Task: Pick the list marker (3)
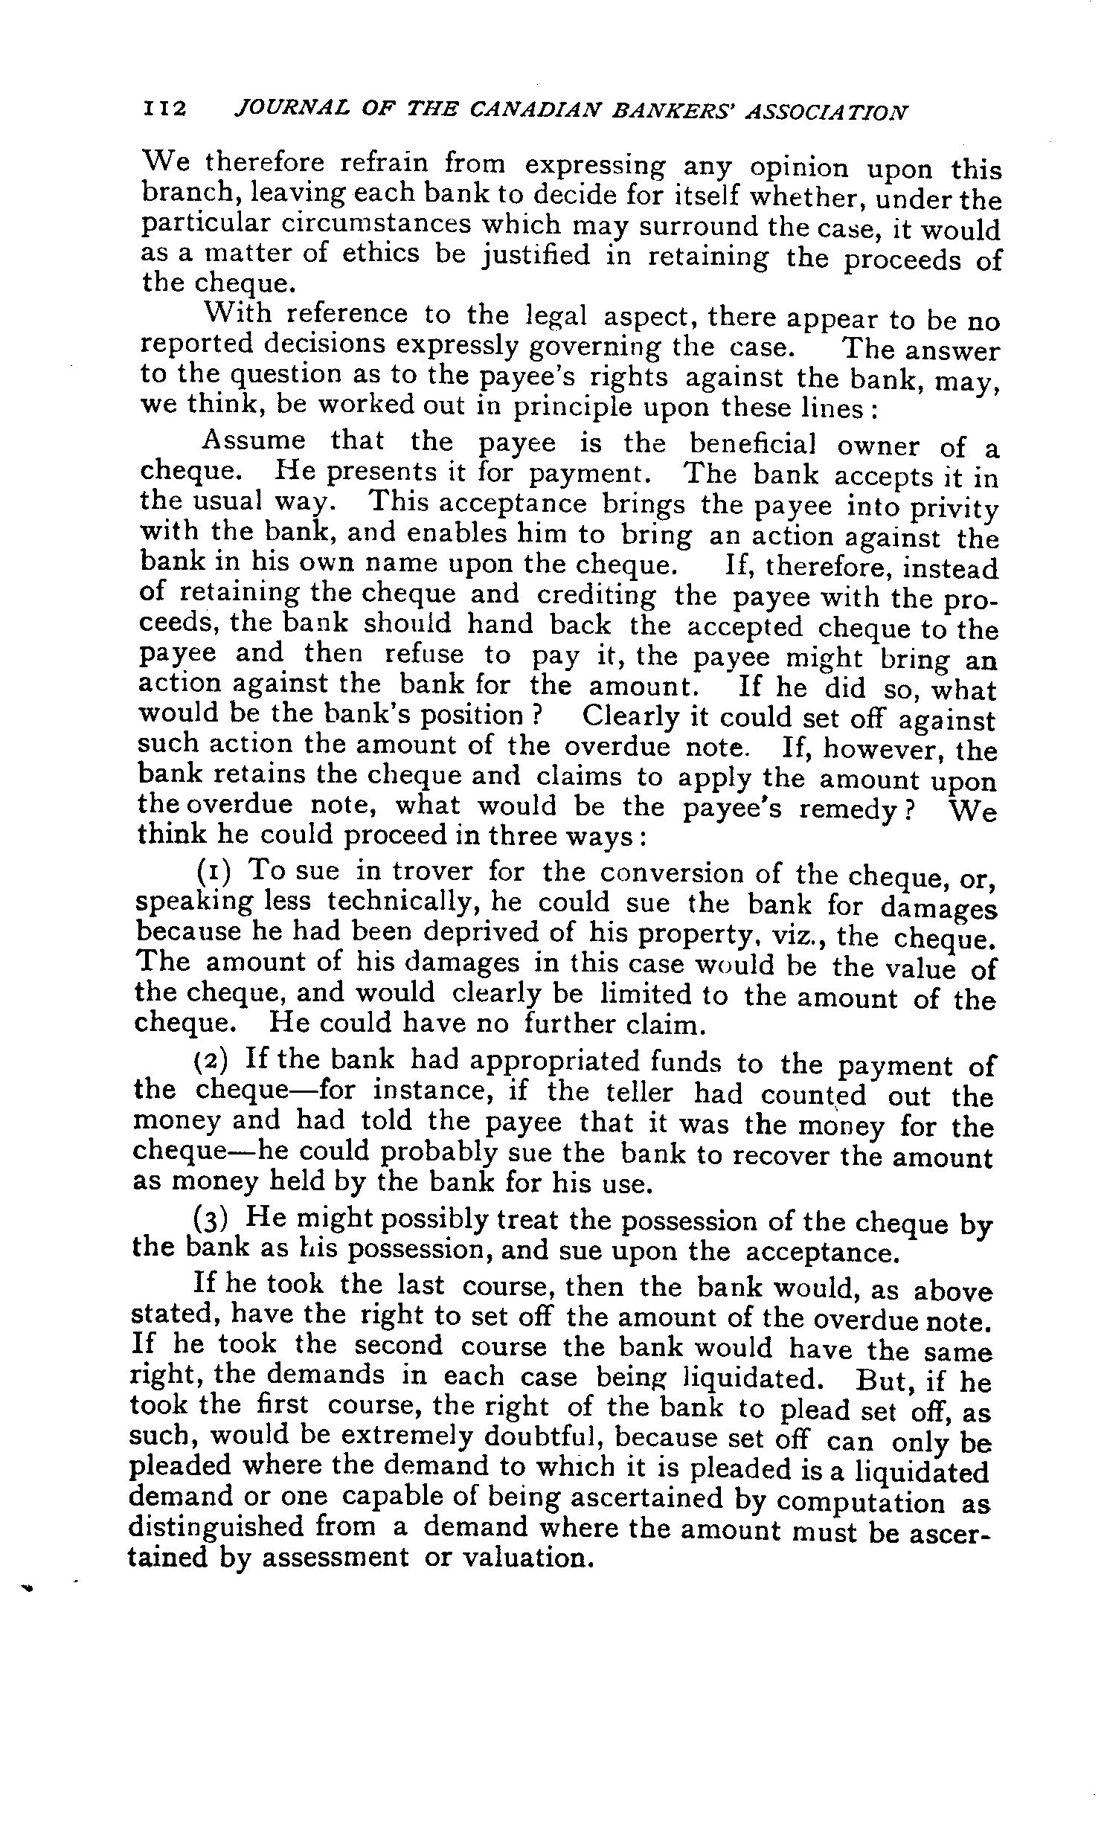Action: tap(211, 1221)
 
